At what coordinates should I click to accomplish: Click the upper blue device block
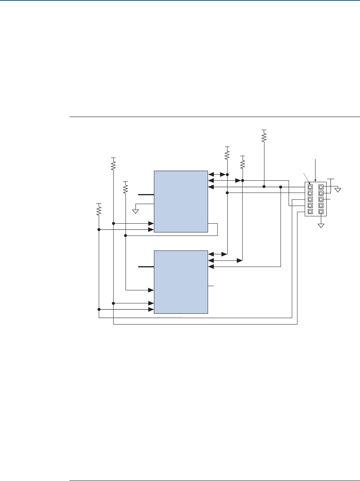coord(180,201)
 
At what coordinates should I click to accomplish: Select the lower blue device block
coord(180,282)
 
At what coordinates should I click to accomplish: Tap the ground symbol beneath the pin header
coord(321,225)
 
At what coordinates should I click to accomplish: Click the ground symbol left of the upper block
coord(135,211)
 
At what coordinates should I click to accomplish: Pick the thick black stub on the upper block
coord(146,195)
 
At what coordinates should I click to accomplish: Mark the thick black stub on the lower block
coord(146,266)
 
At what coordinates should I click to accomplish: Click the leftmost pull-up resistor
coord(99,210)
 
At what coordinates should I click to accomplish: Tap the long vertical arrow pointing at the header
coord(315,169)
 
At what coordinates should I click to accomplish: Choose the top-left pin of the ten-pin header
coord(310,187)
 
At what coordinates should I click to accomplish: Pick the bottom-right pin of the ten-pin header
coord(321,211)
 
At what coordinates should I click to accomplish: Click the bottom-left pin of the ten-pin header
coord(310,211)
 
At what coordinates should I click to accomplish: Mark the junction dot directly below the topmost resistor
coord(264,187)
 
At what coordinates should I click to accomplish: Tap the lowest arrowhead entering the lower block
coord(151,309)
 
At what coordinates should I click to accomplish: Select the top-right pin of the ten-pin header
coord(321,187)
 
